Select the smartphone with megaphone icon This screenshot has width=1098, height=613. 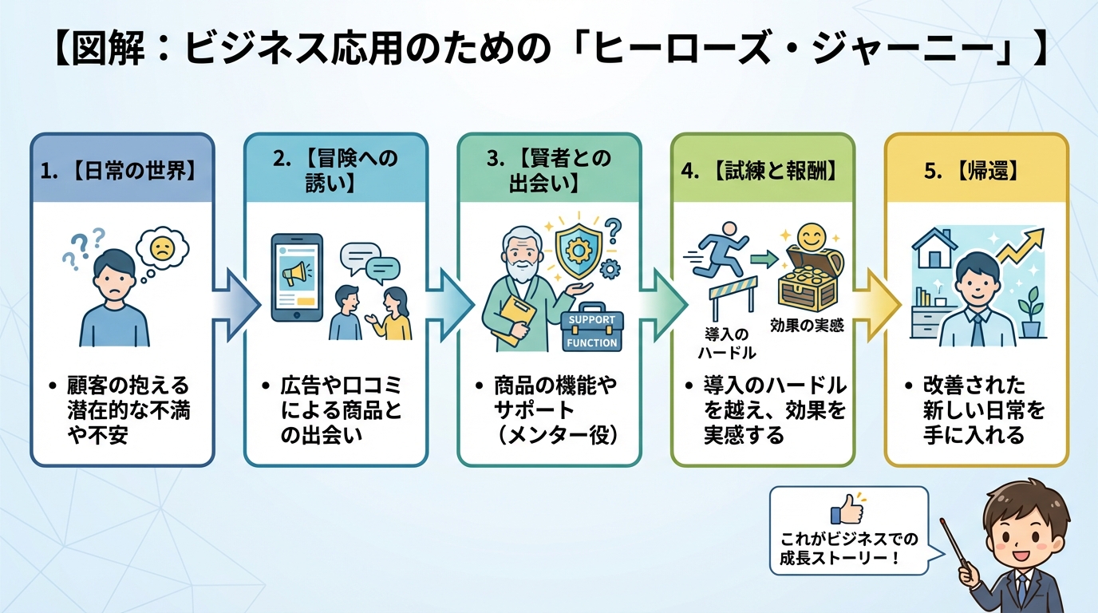coord(296,277)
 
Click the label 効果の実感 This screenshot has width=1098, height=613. coord(807,326)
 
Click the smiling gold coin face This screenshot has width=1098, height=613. coord(812,236)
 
